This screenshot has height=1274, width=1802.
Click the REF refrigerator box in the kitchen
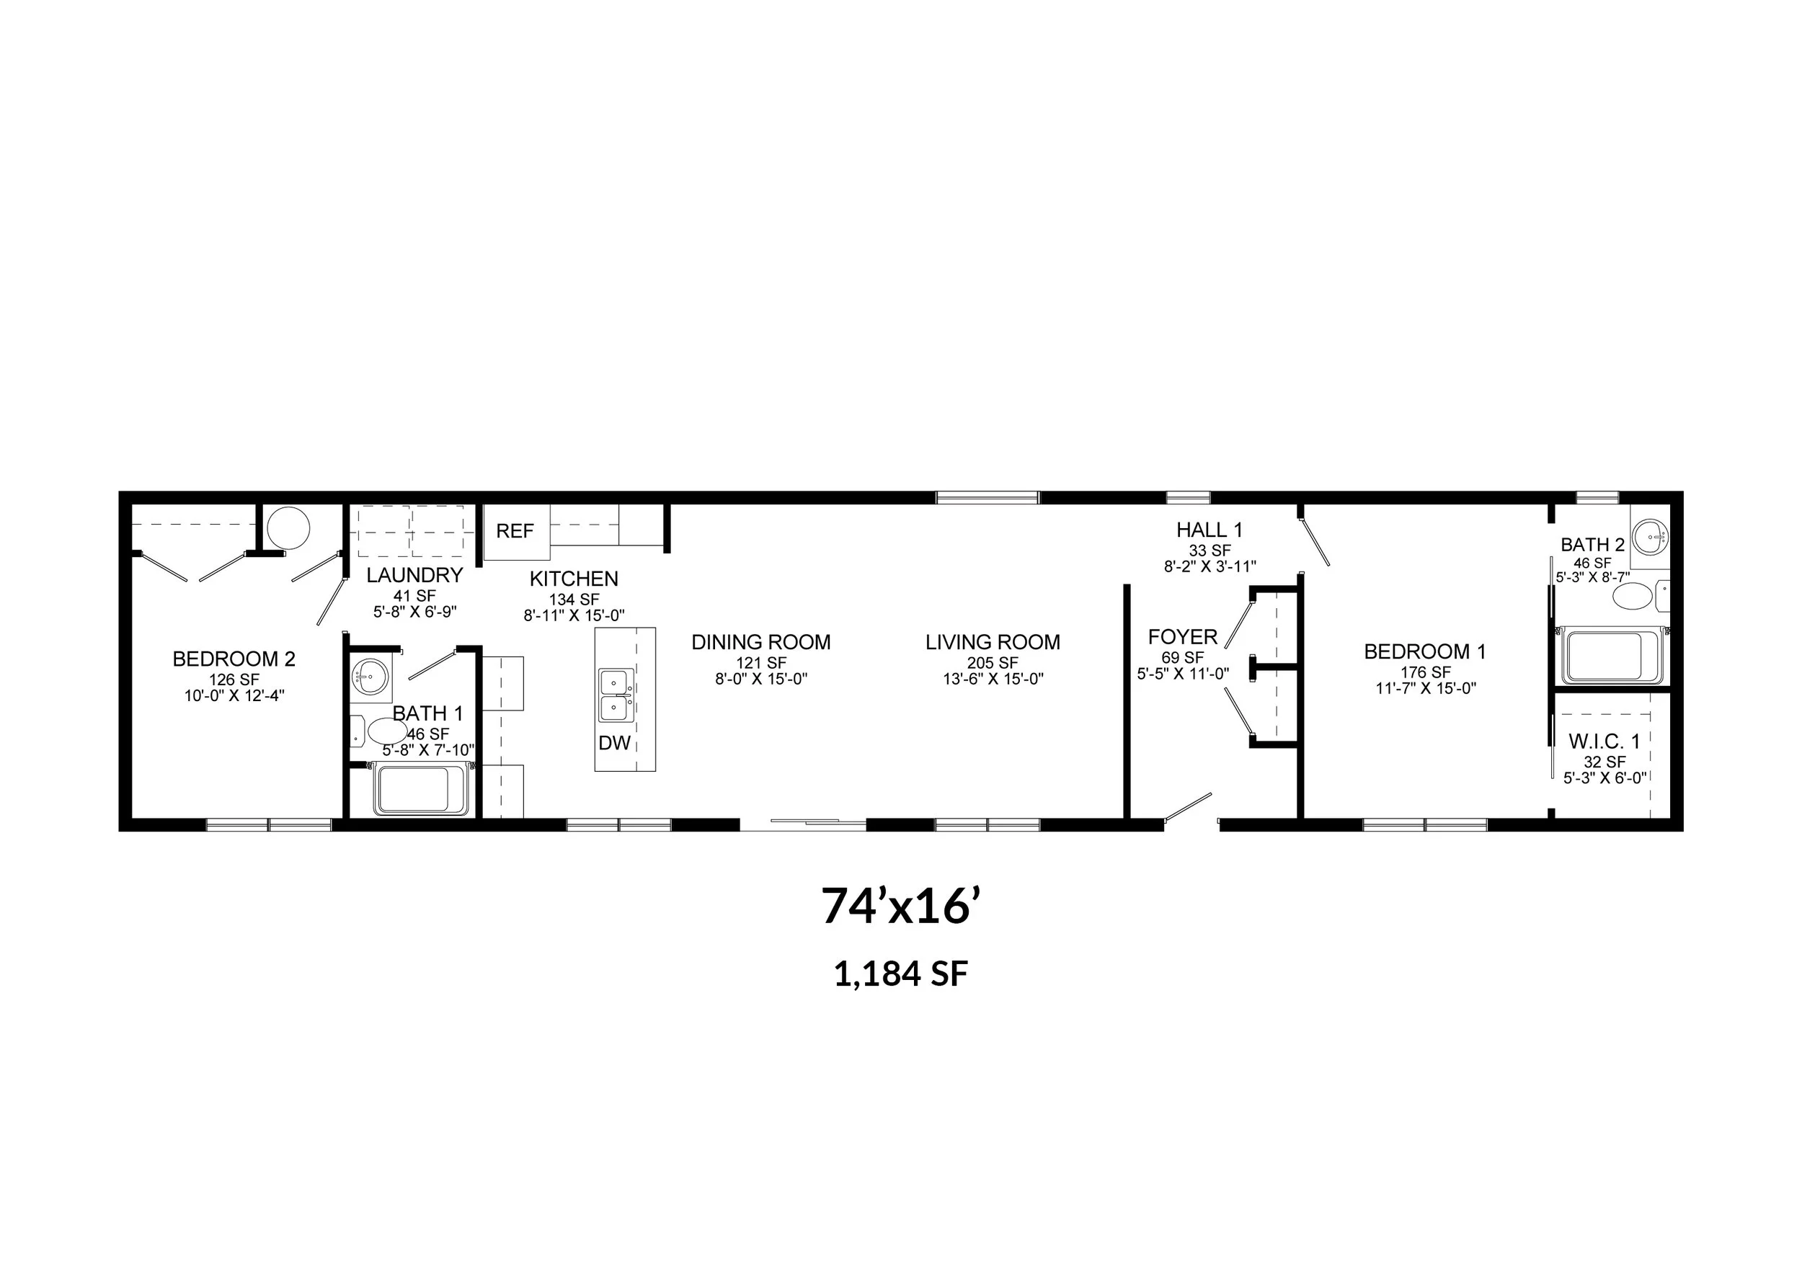coord(515,532)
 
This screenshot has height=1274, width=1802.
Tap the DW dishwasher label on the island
coord(615,743)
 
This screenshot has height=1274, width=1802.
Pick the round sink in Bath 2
coord(1650,538)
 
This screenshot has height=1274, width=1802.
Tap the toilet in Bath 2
coord(1641,596)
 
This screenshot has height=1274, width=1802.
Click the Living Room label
coord(993,643)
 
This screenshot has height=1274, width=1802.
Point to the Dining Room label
coord(760,643)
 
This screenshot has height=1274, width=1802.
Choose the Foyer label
coord(1183,637)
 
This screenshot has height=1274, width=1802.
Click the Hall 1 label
coord(1210,530)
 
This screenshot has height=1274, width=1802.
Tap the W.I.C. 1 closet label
coord(1605,741)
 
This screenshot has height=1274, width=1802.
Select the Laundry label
coord(414,576)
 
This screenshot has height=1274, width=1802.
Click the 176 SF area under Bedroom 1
coord(1425,672)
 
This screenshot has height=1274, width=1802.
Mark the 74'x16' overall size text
coord(901,906)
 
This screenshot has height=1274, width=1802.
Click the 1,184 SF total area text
coord(901,974)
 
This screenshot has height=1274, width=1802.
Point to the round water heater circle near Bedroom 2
coord(288,528)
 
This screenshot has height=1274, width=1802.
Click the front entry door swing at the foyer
coord(1189,808)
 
